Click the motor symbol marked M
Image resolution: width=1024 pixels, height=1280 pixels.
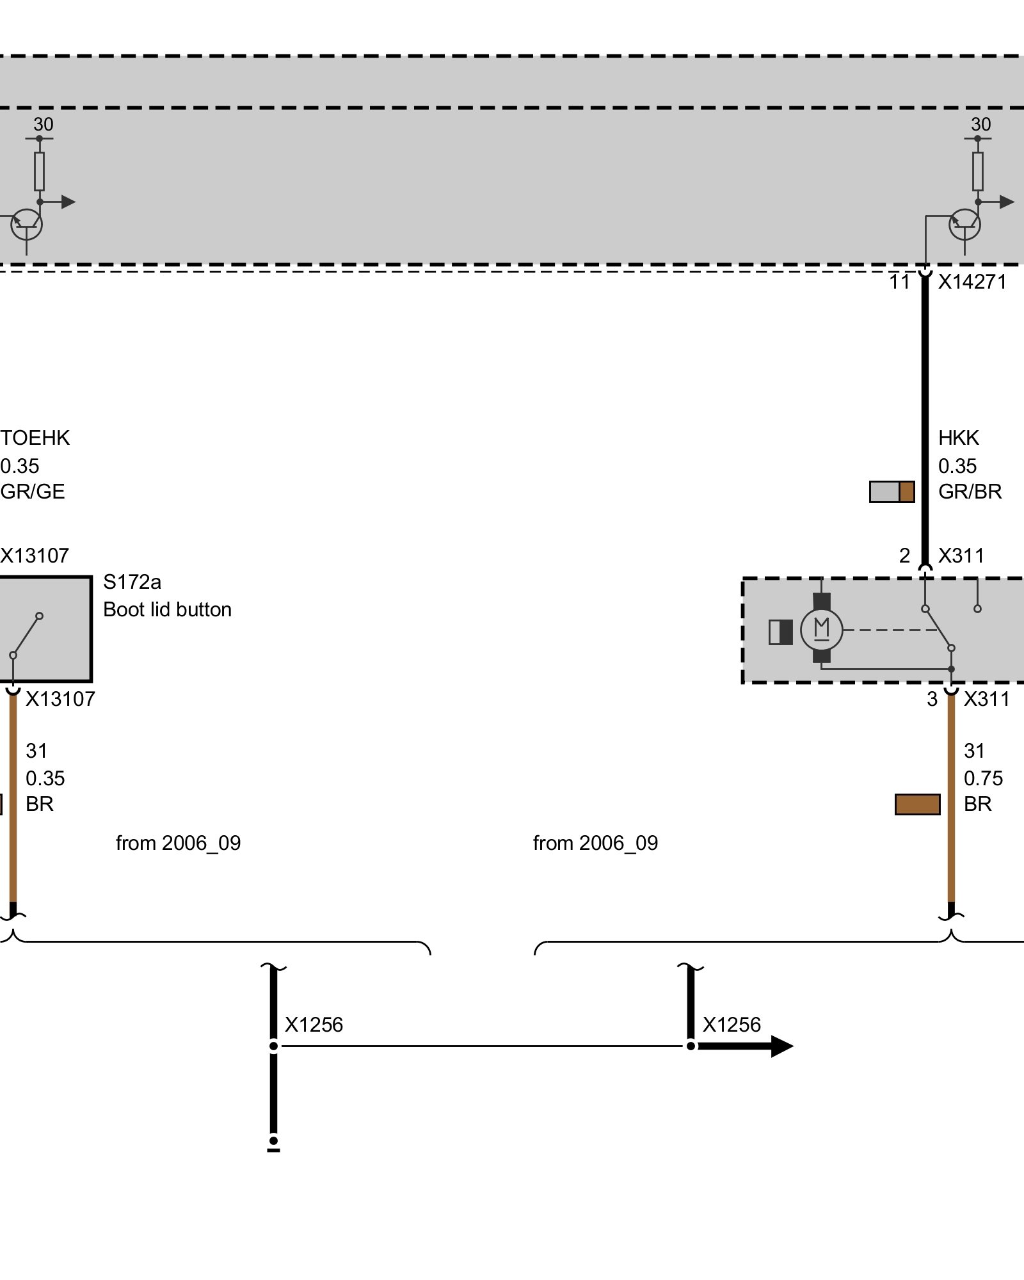pos(822,629)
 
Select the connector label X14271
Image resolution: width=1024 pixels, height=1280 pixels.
pos(972,282)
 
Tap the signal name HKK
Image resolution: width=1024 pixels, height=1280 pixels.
pos(959,438)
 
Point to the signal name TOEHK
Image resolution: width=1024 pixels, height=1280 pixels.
pos(35,438)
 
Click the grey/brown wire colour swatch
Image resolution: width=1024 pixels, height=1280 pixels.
pos(892,492)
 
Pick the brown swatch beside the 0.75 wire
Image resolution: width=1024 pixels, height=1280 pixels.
pos(917,804)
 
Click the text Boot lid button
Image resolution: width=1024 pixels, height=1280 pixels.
pos(167,609)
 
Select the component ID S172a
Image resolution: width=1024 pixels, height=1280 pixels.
pos(132,582)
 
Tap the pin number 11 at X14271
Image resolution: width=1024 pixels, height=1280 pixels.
pos(899,282)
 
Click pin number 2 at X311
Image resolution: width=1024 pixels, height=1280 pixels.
pos(904,556)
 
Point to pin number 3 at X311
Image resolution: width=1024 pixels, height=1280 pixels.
pos(932,700)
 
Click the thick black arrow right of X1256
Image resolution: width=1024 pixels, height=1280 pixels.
pos(746,1046)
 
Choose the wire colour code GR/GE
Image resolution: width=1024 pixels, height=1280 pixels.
pos(33,492)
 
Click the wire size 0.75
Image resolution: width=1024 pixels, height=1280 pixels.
pos(983,778)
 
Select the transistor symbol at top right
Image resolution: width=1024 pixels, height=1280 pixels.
pos(964,225)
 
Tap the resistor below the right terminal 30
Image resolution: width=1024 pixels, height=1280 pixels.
pos(978,172)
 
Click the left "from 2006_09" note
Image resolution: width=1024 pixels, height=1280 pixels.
pos(178,843)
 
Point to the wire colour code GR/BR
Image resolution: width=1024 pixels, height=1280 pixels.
pos(970,492)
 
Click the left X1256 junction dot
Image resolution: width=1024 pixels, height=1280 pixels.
pos(273,1046)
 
